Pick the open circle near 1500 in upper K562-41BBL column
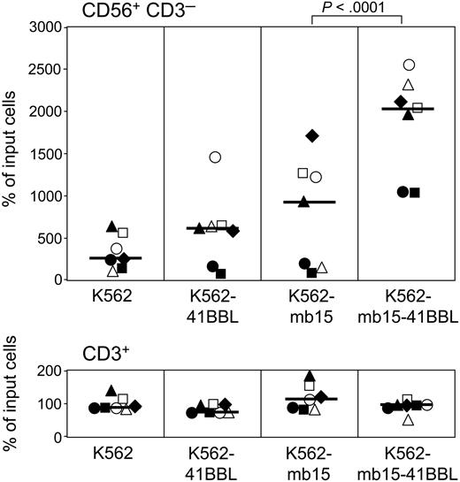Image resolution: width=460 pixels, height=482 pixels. [215, 157]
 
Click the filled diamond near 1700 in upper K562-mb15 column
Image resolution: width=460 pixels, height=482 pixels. [311, 135]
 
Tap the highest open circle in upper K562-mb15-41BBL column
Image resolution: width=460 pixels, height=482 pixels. [409, 65]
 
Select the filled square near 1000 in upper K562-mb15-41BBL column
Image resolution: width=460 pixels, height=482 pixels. [414, 192]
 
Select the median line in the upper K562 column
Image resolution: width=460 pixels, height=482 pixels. [116, 258]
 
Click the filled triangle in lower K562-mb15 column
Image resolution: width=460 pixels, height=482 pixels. [309, 376]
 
